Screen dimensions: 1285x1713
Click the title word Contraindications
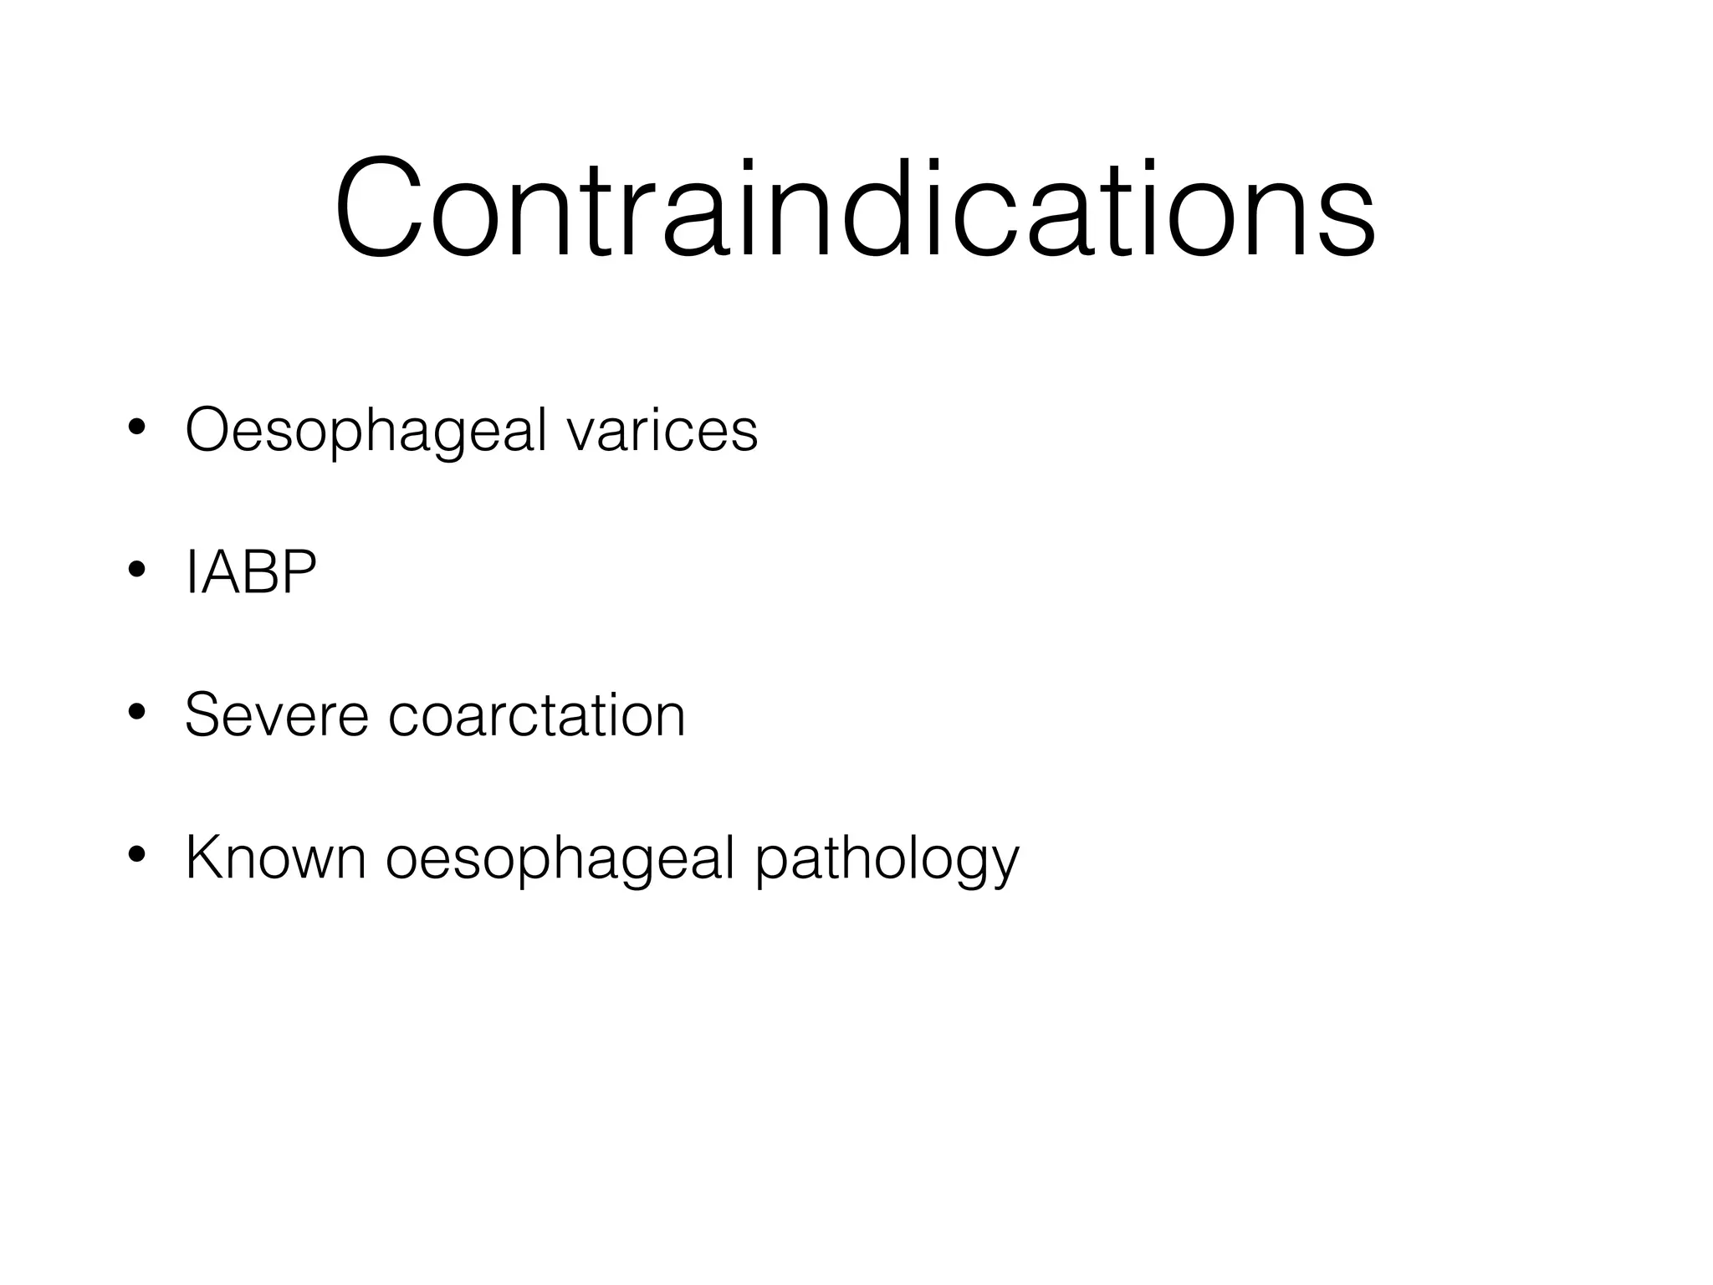(x=855, y=209)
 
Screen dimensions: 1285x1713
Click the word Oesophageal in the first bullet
(x=366, y=432)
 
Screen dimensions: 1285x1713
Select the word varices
(x=662, y=432)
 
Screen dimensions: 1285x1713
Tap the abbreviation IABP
(x=251, y=574)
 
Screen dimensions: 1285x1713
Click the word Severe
(x=276, y=716)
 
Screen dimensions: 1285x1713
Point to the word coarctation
(x=536, y=716)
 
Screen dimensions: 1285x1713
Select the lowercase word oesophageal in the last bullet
(x=560, y=860)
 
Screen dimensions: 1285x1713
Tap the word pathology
(x=887, y=860)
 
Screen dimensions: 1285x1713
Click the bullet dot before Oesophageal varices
(x=137, y=428)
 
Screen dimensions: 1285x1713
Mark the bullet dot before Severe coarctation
(x=137, y=713)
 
